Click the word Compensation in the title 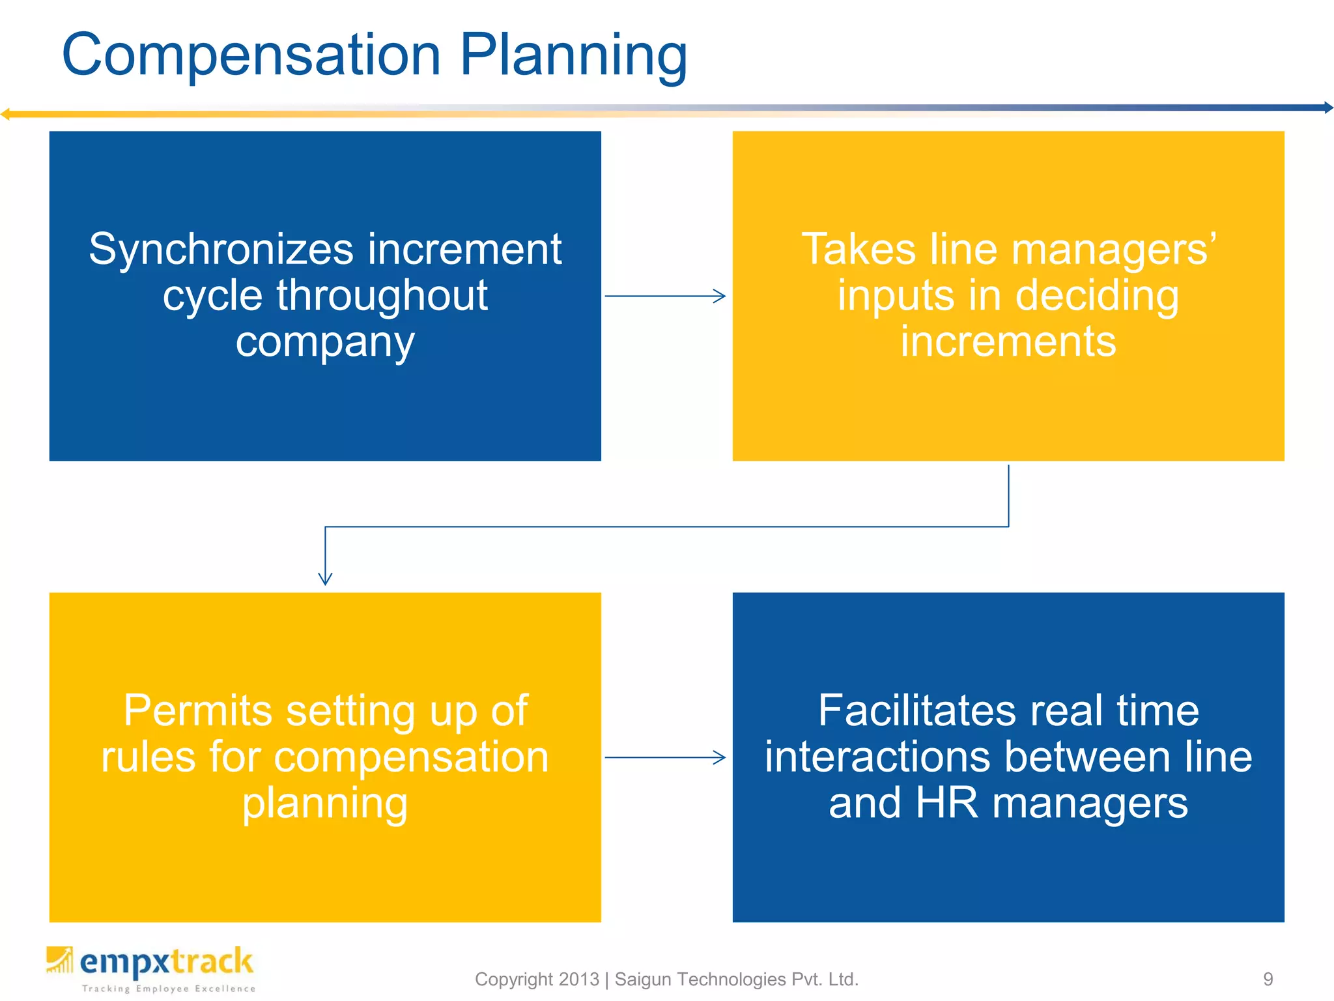click(251, 55)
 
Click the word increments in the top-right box click(1008, 341)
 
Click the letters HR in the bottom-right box click(946, 803)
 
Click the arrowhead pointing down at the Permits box click(325, 579)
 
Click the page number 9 click(1268, 979)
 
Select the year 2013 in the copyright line click(578, 979)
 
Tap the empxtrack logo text click(166, 963)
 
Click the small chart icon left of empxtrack click(59, 960)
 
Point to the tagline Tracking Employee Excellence click(169, 989)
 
